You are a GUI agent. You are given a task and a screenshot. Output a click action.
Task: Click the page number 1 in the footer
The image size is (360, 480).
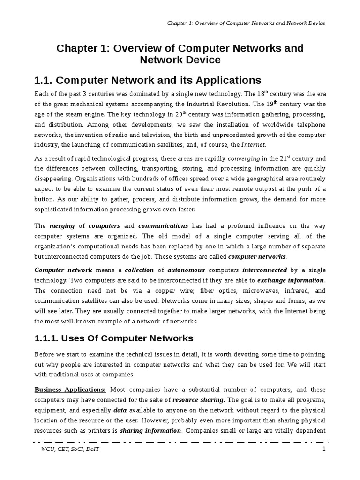pyautogui.click(x=323, y=449)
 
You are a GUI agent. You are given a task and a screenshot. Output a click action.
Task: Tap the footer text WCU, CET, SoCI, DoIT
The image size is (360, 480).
pyautogui.click(x=70, y=449)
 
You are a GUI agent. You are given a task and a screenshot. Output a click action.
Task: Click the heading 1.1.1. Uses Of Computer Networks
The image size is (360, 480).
pyautogui.click(x=114, y=338)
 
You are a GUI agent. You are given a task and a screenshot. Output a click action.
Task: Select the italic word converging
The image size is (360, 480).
pyautogui.click(x=243, y=158)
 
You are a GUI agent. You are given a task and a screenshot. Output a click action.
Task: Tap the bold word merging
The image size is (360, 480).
pyautogui.click(x=62, y=226)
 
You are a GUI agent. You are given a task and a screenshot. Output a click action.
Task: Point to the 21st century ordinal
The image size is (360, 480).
pyautogui.click(x=279, y=158)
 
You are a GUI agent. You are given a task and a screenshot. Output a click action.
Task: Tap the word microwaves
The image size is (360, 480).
pyautogui.click(x=239, y=291)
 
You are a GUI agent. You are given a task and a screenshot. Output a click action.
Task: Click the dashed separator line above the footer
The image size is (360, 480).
pyautogui.click(x=180, y=442)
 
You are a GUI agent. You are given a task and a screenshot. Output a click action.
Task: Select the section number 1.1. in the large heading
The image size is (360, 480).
pyautogui.click(x=45, y=80)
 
